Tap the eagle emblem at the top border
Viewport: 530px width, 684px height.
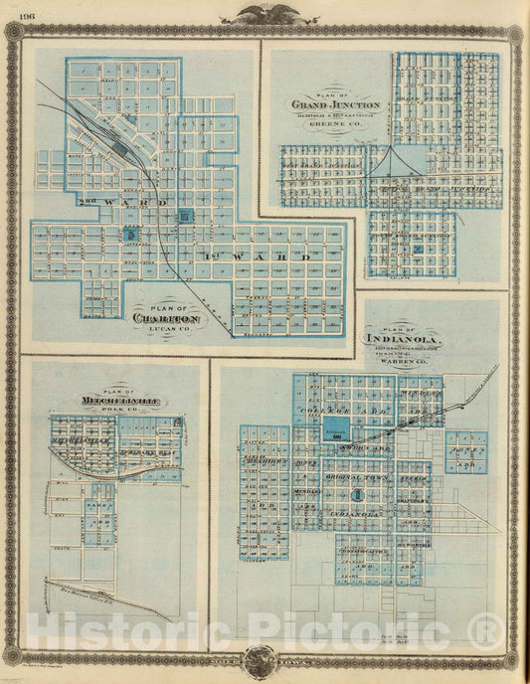coord(265,13)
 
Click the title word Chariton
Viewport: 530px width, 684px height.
coord(167,318)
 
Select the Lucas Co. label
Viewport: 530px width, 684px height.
coord(168,332)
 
